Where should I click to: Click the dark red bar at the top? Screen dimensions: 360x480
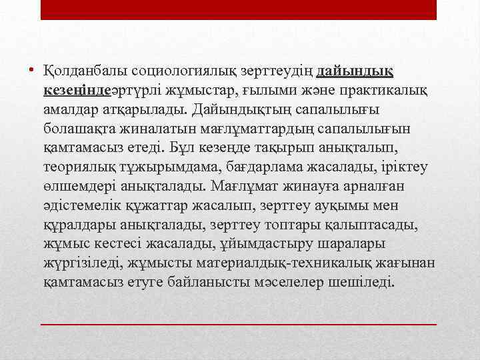click(x=239, y=9)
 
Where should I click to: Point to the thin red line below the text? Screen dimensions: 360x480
click(x=239, y=323)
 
